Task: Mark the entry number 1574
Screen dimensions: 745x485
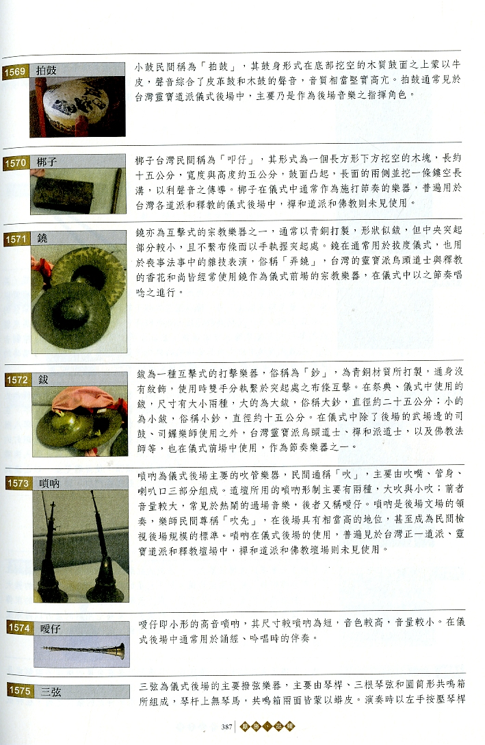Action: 16,628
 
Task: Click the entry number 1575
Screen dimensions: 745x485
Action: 16,691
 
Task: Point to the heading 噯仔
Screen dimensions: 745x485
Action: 49,628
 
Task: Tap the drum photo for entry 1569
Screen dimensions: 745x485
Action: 77,106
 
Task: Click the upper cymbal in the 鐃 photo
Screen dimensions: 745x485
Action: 89,271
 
